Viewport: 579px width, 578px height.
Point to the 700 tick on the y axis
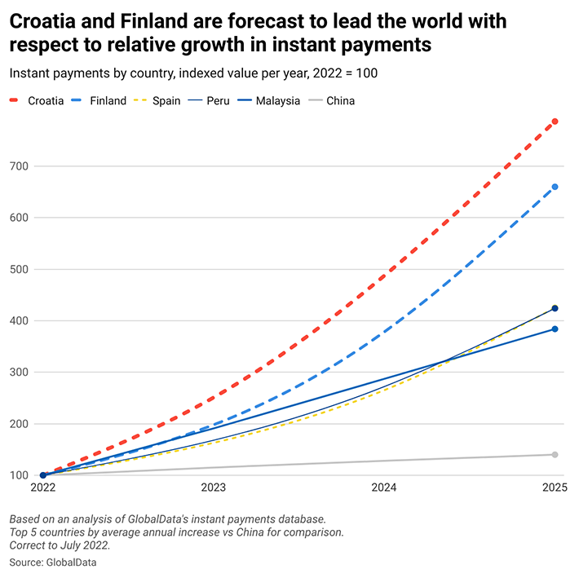[20, 166]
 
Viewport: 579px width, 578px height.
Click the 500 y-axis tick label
[20, 269]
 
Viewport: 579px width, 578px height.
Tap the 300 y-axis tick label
[20, 373]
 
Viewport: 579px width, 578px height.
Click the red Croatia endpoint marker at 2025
[555, 121]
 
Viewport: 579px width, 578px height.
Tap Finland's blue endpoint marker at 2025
[555, 187]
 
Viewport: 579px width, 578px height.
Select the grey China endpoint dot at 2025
[555, 454]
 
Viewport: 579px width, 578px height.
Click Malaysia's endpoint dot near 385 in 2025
[555, 329]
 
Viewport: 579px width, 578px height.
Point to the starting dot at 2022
[43, 474]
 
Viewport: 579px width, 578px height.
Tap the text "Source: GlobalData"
[51, 563]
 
